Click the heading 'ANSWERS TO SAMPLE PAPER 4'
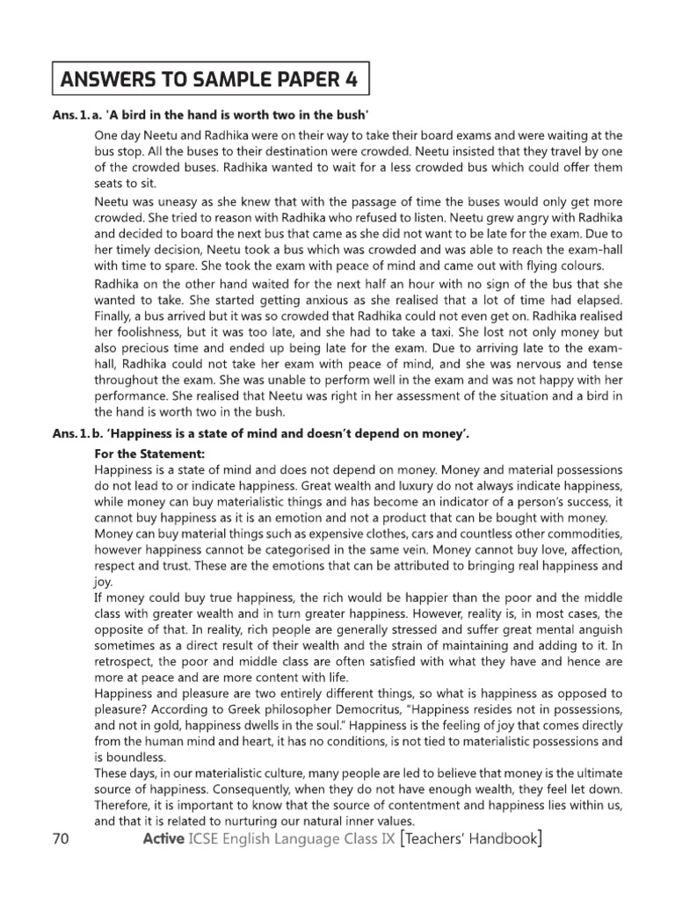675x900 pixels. pos(209,82)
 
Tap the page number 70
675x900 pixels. pos(61,839)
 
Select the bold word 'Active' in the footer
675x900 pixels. pos(164,839)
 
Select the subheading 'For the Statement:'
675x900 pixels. pos(149,454)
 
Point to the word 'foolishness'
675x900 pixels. pos(143,334)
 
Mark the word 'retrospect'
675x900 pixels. pos(127,661)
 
